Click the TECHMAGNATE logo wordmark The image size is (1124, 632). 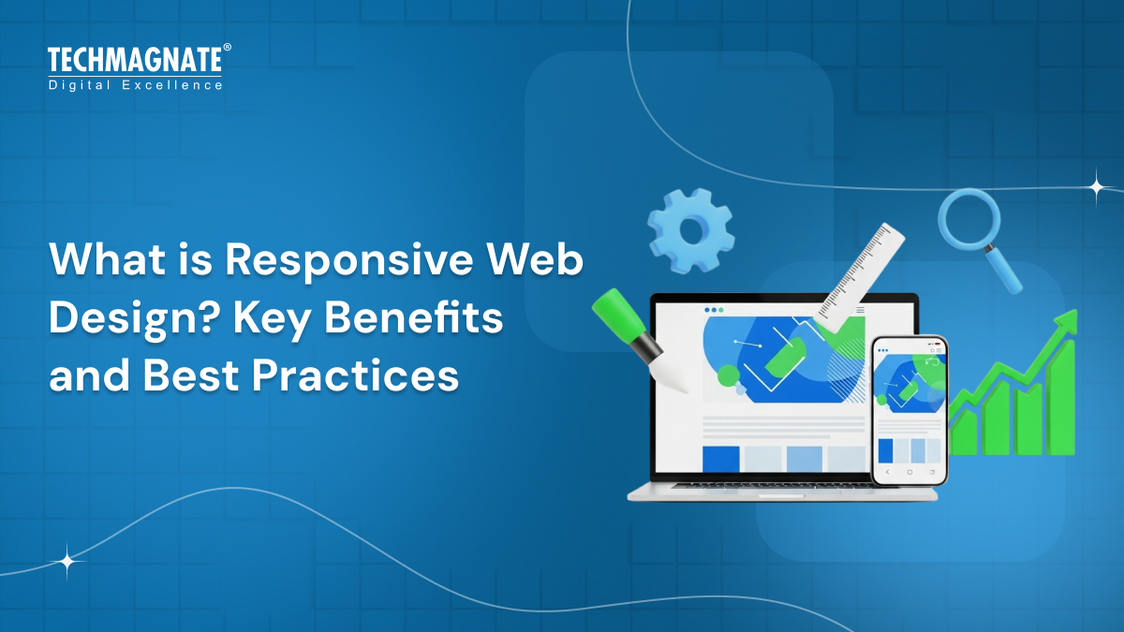pyautogui.click(x=134, y=61)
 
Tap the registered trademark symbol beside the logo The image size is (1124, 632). pyautogui.click(x=227, y=47)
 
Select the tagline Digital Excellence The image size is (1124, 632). pyautogui.click(x=135, y=85)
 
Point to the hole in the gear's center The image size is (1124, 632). pyautogui.click(x=691, y=230)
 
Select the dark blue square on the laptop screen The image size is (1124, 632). pyautogui.click(x=720, y=459)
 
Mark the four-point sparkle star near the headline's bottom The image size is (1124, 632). pyautogui.click(x=67, y=562)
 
